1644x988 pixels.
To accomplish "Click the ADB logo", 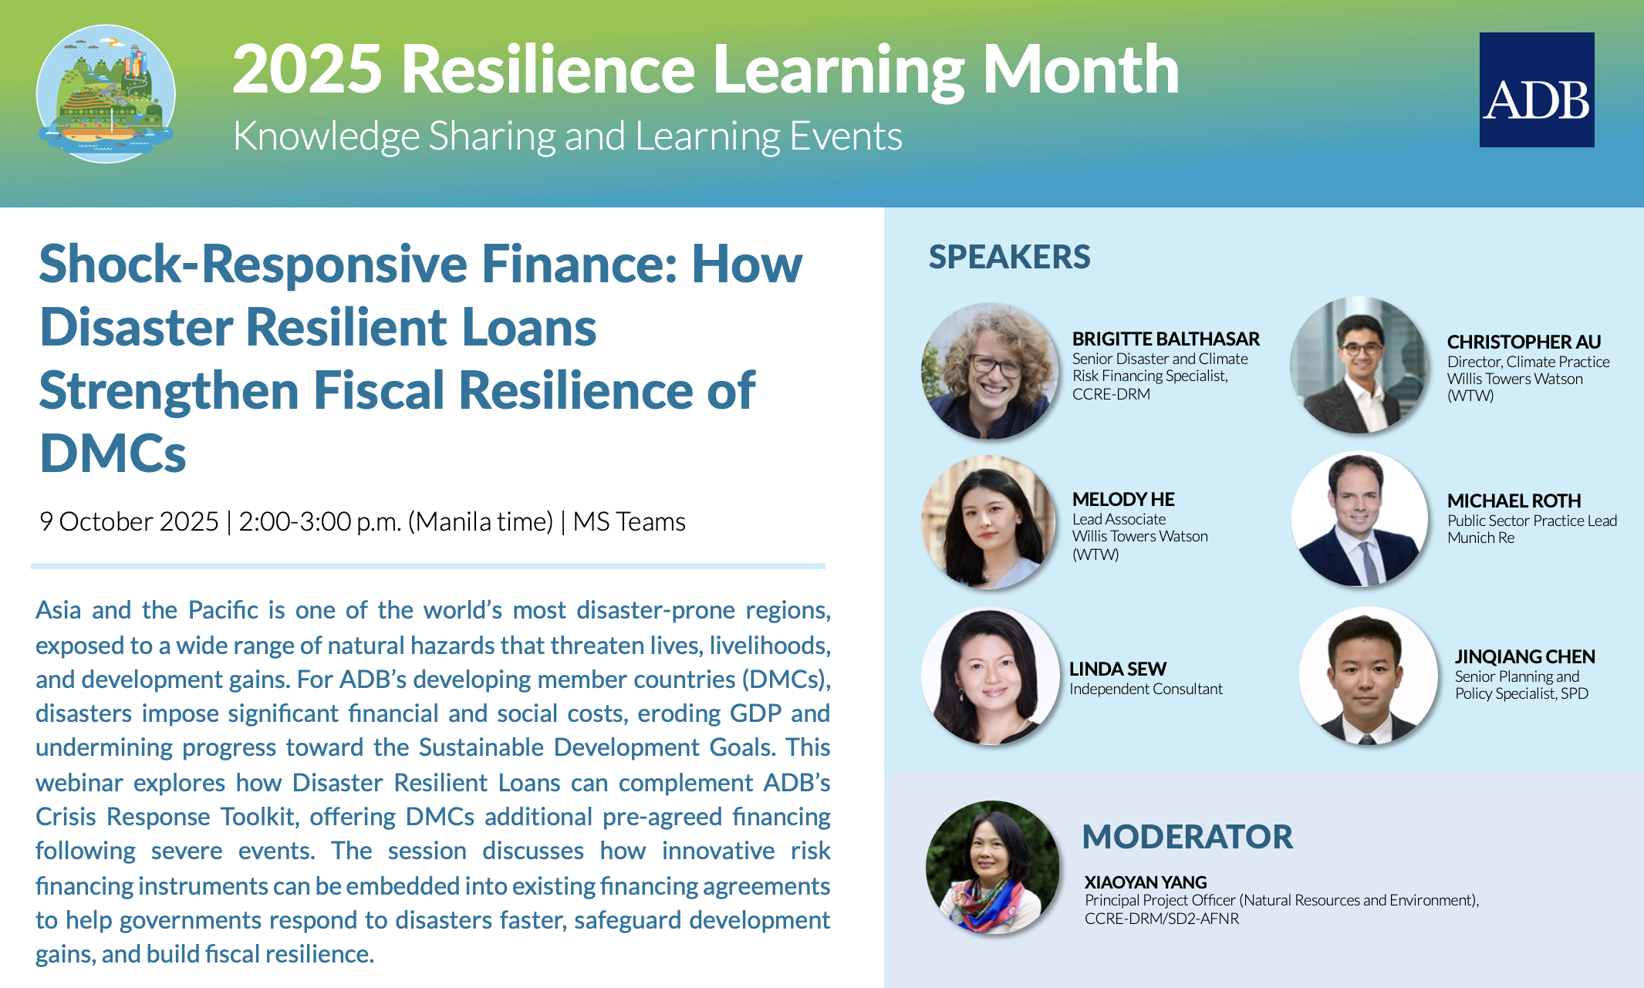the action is point(1536,89).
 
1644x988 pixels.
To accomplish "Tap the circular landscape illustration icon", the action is point(106,93).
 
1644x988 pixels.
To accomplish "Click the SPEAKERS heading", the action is point(1009,257).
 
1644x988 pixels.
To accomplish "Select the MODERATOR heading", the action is point(1187,837).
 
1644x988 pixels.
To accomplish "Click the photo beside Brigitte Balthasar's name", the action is point(990,371).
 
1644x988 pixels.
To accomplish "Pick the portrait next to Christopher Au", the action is point(1359,365).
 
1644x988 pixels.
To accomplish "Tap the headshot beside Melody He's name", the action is point(989,522).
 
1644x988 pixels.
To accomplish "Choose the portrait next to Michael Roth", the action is point(1359,519).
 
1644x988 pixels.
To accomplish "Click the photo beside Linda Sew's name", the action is point(990,676).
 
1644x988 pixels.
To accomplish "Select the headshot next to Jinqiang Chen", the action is point(1367,676).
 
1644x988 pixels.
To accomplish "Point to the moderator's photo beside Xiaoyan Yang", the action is point(993,868).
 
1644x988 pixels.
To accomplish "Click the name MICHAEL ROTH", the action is point(1514,501).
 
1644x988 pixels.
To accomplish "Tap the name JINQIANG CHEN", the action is point(1524,656).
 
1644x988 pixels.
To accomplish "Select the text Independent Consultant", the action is point(1146,689).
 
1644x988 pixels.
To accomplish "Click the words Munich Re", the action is point(1480,538).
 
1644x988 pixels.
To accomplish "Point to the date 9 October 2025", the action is point(129,521).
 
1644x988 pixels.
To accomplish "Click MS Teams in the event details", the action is point(629,521).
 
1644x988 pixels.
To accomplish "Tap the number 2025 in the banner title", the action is point(307,69).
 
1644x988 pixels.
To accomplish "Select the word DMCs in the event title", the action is point(113,453).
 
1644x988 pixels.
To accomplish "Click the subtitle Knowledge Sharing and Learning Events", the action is point(568,137).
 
